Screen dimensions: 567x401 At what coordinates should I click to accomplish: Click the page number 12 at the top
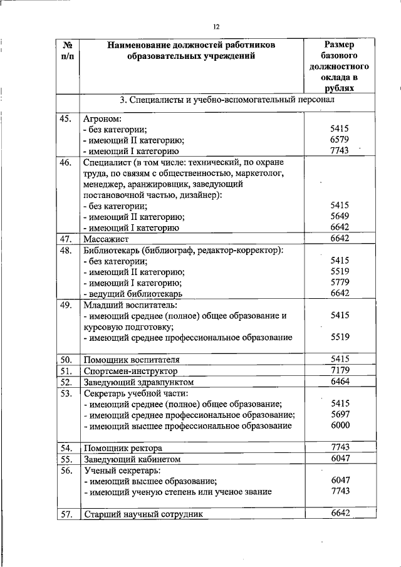(216, 26)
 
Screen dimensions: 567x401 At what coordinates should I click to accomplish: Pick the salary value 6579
(340, 140)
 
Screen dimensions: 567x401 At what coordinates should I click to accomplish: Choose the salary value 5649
(340, 216)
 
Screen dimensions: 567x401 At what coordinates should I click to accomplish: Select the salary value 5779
(340, 282)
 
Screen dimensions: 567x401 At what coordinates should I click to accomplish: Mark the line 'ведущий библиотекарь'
(133, 293)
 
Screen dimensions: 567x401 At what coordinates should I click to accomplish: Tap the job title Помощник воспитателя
(132, 360)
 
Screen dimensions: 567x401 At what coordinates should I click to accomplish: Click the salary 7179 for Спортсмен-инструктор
(340, 370)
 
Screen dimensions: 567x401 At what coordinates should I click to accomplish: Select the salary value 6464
(340, 381)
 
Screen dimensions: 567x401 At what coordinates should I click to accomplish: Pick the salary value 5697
(340, 414)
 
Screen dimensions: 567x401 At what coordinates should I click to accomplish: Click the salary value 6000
(340, 425)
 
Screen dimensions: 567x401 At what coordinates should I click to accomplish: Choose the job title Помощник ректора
(123, 448)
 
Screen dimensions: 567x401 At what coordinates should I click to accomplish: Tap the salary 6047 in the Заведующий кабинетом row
(340, 458)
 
